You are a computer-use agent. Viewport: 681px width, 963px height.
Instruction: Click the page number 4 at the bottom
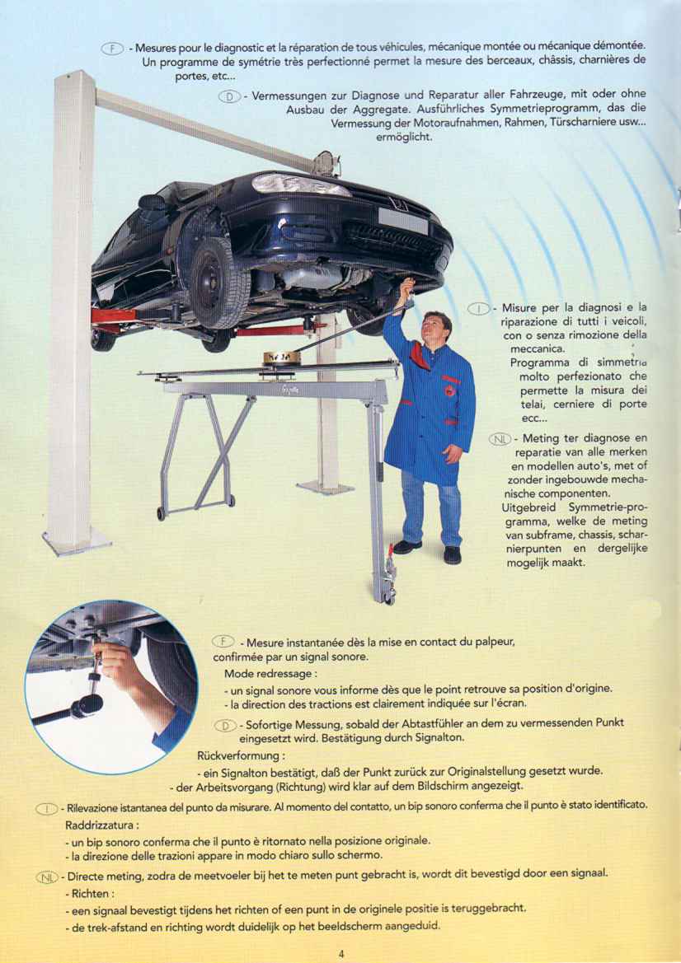(x=341, y=953)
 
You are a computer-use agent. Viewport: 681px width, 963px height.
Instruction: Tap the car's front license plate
(x=402, y=220)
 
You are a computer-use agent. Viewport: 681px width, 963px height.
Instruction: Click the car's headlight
(x=301, y=185)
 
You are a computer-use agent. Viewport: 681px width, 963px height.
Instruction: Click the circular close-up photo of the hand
(x=111, y=687)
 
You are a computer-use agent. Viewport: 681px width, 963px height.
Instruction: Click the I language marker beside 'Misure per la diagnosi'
(x=479, y=308)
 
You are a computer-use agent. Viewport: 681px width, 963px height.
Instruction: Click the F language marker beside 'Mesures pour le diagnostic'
(x=114, y=48)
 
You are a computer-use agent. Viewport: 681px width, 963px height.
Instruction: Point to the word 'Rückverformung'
(x=241, y=755)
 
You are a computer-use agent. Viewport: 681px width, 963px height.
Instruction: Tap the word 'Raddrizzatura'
(x=101, y=825)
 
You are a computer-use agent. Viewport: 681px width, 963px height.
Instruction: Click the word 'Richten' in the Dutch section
(x=91, y=893)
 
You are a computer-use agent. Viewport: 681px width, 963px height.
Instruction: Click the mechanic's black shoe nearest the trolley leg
(x=407, y=547)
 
